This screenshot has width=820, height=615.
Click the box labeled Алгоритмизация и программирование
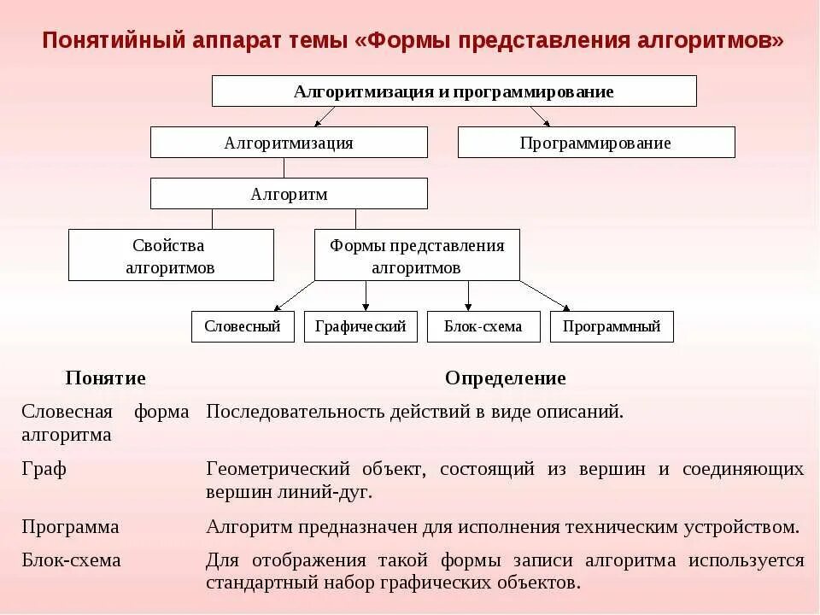(454, 91)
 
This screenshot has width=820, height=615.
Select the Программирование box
(595, 143)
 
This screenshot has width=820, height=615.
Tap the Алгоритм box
(289, 194)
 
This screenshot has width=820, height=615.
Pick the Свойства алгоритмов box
(171, 255)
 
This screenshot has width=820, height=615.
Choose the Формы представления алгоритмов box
(417, 255)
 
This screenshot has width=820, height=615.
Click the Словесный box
(243, 326)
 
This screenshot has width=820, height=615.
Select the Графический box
(360, 326)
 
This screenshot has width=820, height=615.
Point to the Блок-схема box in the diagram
(483, 326)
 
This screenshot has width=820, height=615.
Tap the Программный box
(612, 326)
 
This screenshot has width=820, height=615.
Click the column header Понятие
(106, 378)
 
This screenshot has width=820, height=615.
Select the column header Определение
(505, 378)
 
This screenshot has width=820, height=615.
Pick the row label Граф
(44, 469)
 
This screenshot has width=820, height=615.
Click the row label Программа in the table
(70, 527)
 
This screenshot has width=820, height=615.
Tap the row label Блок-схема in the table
(71, 561)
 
